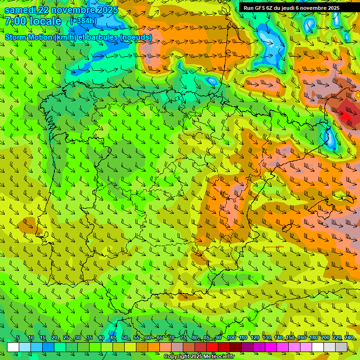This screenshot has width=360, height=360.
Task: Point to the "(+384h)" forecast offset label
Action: coord(84,21)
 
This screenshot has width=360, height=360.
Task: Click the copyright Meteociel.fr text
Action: coord(199,357)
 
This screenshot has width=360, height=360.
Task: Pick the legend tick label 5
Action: coord(18,338)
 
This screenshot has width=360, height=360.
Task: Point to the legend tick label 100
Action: coord(231,338)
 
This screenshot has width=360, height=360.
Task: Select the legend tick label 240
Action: coord(349,338)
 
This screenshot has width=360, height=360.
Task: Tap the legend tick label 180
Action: coord(313,338)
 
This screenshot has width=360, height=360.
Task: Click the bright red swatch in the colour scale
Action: coord(212,347)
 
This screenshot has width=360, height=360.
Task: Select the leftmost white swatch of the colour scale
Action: coord(13,347)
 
